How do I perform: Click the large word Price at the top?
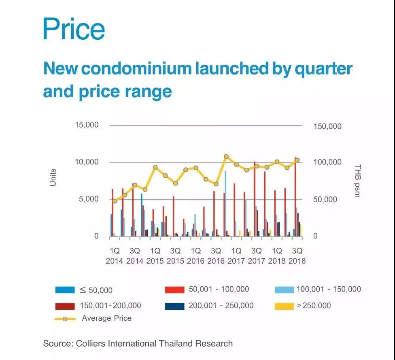pyautogui.click(x=74, y=28)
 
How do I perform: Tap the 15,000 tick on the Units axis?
pyautogui.click(x=87, y=125)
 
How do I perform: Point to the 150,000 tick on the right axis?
pyautogui.click(x=327, y=126)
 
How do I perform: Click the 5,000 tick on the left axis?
pyautogui.click(x=89, y=199)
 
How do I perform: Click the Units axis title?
pyautogui.click(x=53, y=177)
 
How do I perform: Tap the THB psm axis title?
pyautogui.click(x=357, y=181)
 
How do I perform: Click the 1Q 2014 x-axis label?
pyautogui.click(x=115, y=256)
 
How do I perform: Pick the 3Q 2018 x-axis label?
pyautogui.click(x=297, y=256)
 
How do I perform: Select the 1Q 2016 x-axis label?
pyautogui.click(x=195, y=256)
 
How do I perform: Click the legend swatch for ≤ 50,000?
pyautogui.click(x=65, y=290)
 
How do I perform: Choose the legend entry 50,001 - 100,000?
pyautogui.click(x=219, y=289)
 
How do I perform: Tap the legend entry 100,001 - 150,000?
pyautogui.click(x=328, y=289)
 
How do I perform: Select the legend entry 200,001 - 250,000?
pyautogui.click(x=221, y=306)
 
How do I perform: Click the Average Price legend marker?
pyautogui.click(x=65, y=319)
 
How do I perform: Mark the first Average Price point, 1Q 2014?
pyautogui.click(x=115, y=201)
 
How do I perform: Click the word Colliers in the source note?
pyautogui.click(x=89, y=343)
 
